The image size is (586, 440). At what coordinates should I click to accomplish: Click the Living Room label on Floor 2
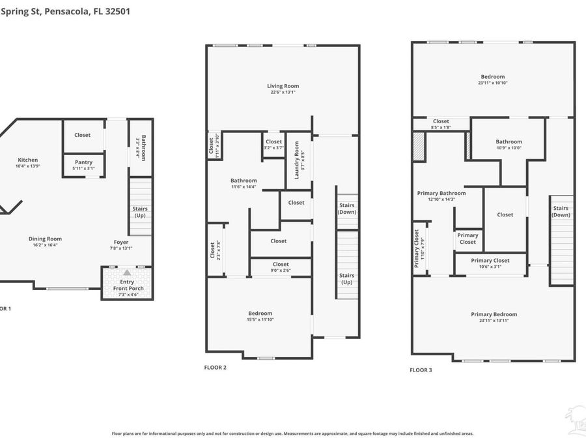(x=283, y=86)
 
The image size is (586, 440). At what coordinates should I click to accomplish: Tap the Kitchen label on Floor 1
(x=27, y=160)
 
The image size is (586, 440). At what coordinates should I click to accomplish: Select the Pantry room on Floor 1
(x=83, y=165)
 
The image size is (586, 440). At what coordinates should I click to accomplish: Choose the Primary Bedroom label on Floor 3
(x=494, y=314)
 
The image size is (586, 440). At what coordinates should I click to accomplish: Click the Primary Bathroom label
(x=441, y=193)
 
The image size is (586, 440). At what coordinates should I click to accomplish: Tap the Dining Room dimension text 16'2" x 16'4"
(x=45, y=245)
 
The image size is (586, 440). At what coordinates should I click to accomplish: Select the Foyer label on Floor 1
(x=121, y=241)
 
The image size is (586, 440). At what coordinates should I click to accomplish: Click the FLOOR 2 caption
(x=216, y=368)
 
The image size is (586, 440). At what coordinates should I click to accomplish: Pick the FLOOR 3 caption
(x=420, y=370)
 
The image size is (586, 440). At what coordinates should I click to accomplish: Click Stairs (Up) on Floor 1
(x=140, y=212)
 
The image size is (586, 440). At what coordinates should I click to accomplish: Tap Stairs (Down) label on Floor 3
(x=561, y=211)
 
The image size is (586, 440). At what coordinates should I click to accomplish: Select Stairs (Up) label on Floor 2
(x=346, y=278)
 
